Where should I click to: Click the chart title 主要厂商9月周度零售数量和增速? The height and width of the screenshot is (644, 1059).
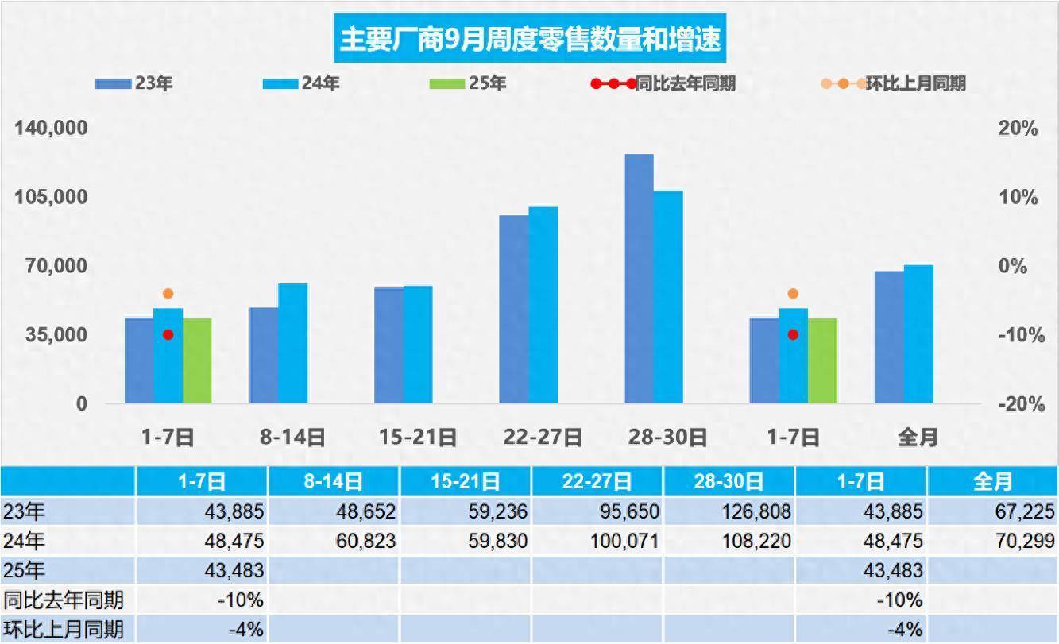pos(530,38)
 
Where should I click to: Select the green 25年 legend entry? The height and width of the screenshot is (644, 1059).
pos(467,83)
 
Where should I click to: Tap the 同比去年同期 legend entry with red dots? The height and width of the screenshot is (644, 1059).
pos(663,83)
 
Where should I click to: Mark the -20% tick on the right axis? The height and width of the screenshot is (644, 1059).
pos(1018,404)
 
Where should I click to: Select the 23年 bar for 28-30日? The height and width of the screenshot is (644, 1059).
pos(639,278)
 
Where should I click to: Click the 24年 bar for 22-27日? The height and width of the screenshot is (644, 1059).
pos(543,305)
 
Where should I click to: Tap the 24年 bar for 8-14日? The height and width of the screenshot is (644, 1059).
pos(293,343)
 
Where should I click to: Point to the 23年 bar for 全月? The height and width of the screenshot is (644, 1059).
pos(889,337)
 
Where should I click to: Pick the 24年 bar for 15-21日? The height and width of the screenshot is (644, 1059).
pos(418,344)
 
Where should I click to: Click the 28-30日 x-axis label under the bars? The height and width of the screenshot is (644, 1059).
pos(667,437)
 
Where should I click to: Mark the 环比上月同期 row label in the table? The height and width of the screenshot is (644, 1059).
pos(64,630)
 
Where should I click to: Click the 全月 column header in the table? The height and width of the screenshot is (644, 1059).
pos(992,481)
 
